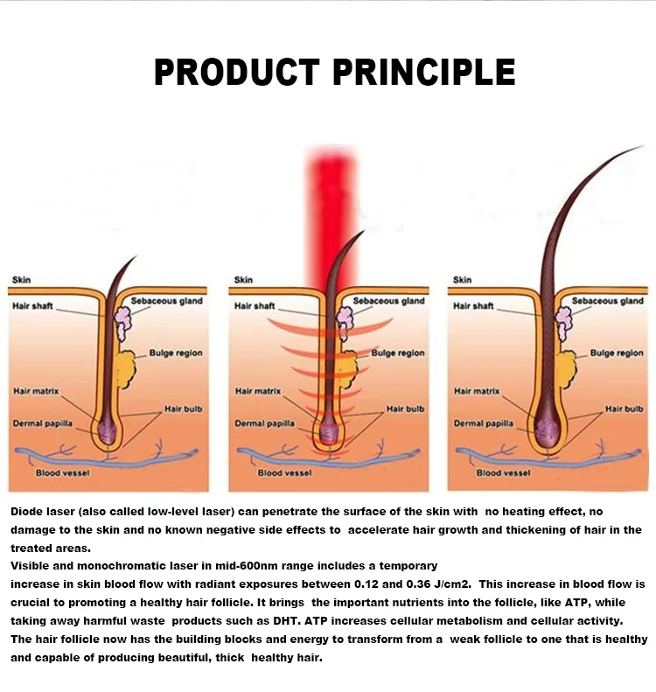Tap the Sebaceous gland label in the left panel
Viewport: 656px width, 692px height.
[x=167, y=301]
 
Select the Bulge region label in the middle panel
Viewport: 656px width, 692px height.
[x=398, y=353]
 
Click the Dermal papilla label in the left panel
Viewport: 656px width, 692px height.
[x=43, y=423]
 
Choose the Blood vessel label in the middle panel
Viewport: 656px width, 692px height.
[x=284, y=473]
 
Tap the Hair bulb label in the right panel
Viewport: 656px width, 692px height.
[x=624, y=409]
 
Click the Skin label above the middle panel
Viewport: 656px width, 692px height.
[x=243, y=280]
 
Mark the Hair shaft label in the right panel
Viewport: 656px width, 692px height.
[x=473, y=306]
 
